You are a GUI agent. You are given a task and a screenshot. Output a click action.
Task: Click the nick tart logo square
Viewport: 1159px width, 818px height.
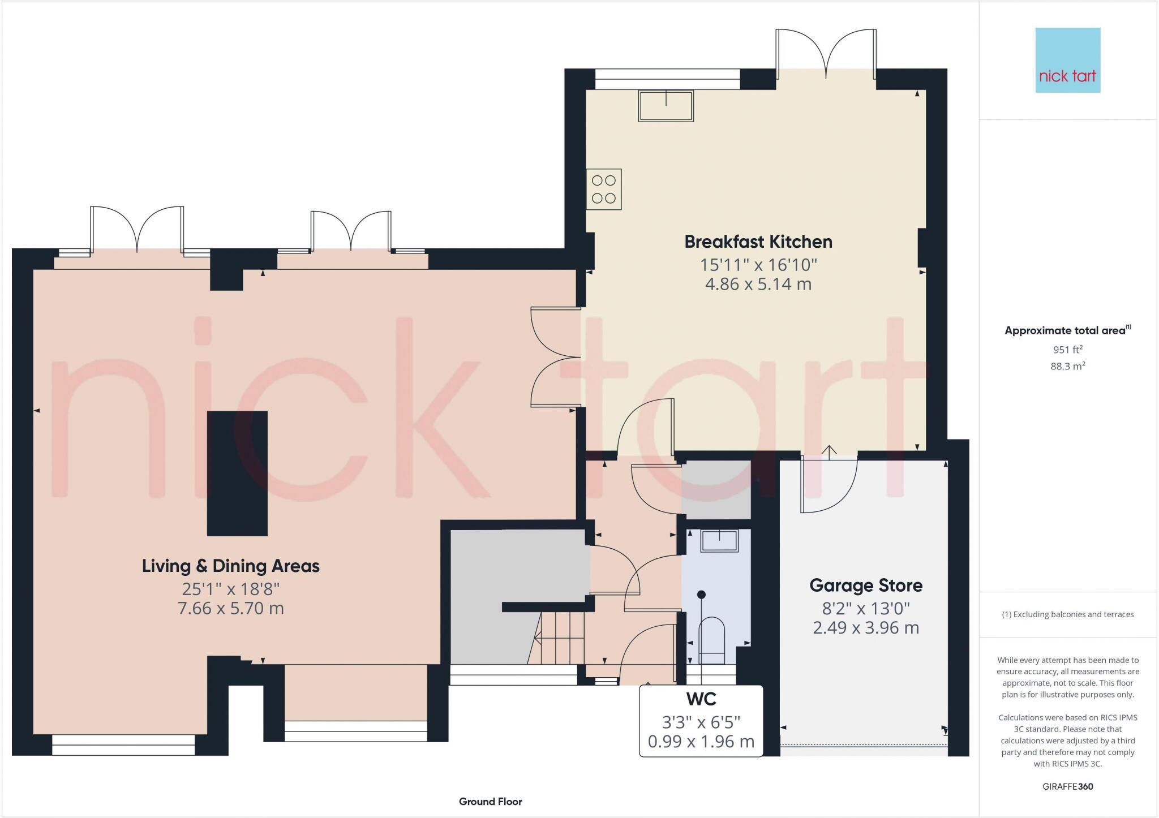1067,60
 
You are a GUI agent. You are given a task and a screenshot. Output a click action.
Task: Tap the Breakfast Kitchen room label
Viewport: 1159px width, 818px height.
758,242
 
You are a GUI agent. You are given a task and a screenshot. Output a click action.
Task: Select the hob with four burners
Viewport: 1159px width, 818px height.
603,189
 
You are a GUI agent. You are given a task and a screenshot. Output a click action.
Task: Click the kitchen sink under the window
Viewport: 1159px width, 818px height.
666,105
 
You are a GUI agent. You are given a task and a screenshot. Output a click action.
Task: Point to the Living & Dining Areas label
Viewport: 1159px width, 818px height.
230,566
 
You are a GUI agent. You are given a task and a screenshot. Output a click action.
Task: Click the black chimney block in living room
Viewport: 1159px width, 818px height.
237,473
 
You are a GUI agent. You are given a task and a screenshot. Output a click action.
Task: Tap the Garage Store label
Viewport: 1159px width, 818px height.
865,585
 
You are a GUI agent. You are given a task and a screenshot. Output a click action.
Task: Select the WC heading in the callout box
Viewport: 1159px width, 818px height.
701,699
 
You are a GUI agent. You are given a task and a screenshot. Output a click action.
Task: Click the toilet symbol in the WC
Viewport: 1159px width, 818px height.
712,639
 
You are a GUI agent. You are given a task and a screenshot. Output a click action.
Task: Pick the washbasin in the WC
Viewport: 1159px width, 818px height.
719,540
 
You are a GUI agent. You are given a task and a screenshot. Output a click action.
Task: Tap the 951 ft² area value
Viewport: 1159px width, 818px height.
1067,350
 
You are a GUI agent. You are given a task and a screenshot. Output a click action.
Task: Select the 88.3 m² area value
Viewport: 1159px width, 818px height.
1067,366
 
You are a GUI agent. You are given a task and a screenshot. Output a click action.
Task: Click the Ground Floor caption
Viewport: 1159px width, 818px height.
490,801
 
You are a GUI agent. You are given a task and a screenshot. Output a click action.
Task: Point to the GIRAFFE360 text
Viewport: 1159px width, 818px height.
1067,786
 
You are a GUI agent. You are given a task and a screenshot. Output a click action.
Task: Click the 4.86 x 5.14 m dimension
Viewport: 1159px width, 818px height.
758,284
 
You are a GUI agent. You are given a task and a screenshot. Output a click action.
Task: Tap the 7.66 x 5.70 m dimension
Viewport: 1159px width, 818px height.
230,609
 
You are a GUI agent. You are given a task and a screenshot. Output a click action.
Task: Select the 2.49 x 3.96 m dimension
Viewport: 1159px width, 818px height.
865,628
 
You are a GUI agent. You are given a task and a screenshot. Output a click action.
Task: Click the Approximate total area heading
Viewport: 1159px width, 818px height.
1066,330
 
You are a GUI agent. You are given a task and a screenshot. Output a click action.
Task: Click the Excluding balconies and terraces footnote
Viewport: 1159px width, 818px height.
1067,614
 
